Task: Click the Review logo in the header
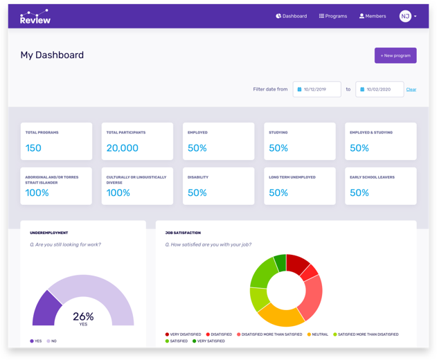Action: (35, 17)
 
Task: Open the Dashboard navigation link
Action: (292, 16)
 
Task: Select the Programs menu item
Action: (333, 16)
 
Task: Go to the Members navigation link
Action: (373, 16)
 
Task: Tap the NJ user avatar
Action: (405, 16)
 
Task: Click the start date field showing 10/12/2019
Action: (317, 89)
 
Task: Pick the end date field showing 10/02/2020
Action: (380, 89)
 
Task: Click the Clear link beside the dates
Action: (411, 89)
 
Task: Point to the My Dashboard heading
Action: (52, 55)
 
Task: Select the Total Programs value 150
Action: (33, 148)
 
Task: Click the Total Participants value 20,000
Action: (122, 148)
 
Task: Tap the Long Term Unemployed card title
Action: (292, 177)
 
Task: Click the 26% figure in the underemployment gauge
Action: (83, 316)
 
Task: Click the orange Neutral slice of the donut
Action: (280, 316)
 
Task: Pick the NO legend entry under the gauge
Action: (52, 341)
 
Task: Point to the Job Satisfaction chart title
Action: (183, 233)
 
